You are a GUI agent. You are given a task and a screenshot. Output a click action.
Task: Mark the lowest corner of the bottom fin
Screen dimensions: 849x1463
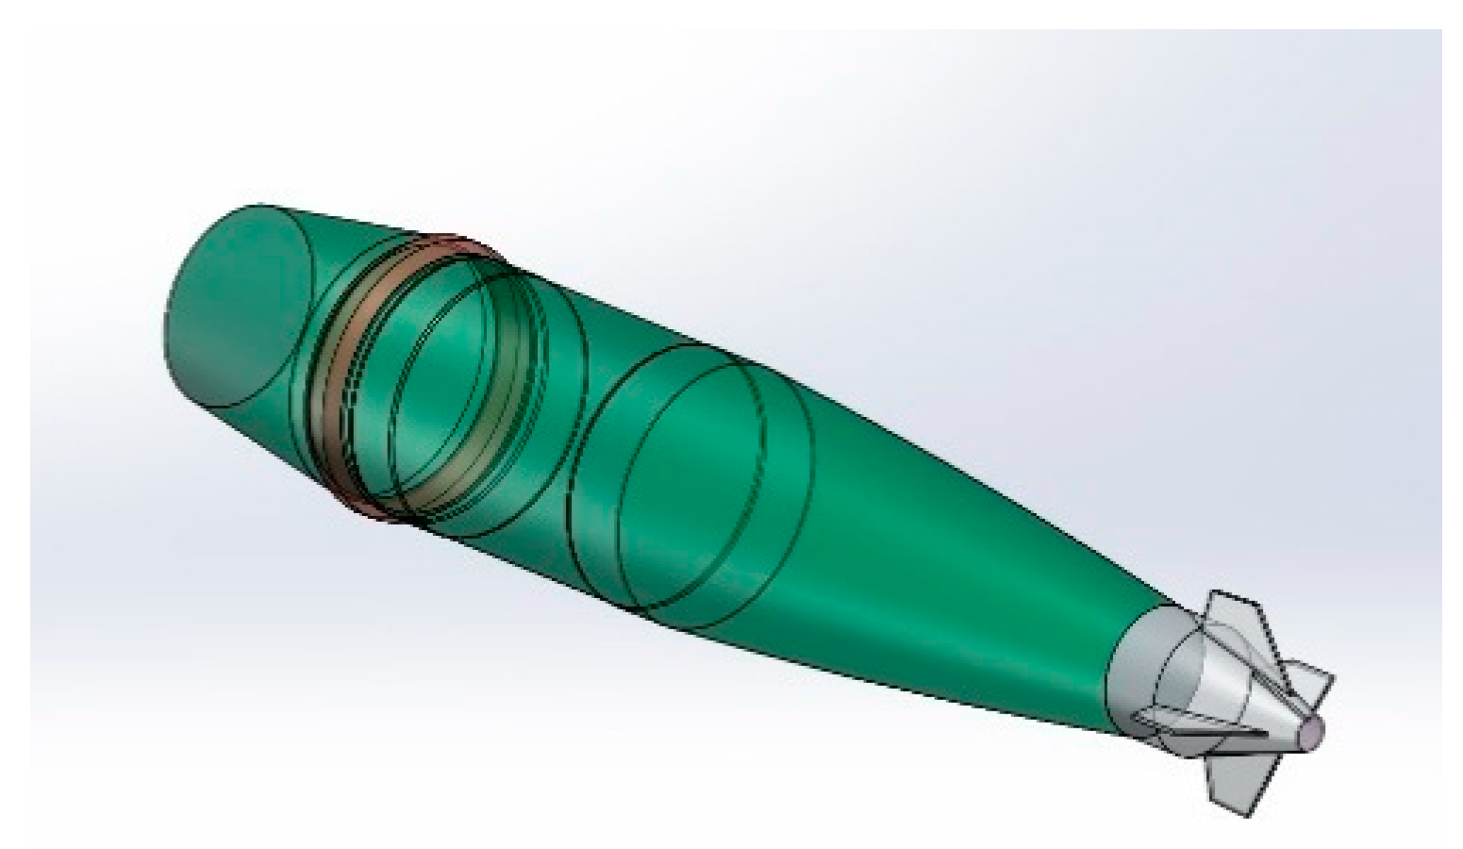(1253, 815)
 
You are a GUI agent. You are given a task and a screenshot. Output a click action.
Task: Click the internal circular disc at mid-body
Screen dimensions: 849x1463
(689, 486)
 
